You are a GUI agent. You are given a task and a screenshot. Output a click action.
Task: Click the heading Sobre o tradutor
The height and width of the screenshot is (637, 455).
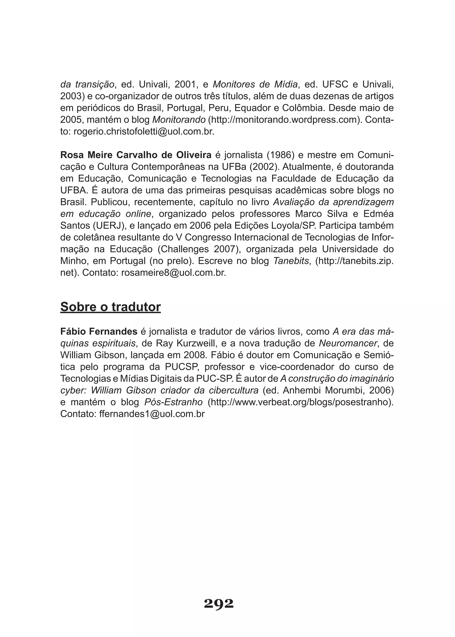[x=110, y=307]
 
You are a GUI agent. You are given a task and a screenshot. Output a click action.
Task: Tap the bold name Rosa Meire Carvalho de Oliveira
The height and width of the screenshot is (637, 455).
[x=136, y=155]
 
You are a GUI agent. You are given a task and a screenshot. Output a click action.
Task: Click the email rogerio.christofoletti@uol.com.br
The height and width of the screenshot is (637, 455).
[x=144, y=132]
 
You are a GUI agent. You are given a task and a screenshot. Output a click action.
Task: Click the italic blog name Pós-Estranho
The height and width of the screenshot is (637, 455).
[x=174, y=402]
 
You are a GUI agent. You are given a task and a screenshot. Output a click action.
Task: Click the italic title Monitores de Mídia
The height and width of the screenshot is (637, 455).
[x=255, y=84]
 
